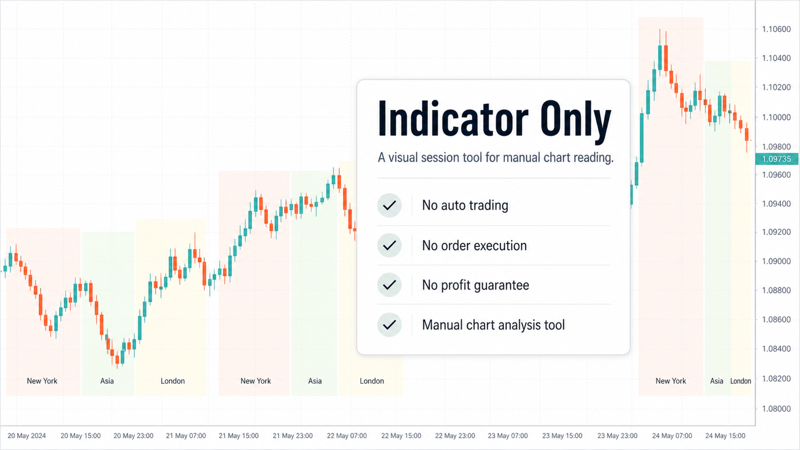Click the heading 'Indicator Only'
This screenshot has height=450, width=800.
point(495,119)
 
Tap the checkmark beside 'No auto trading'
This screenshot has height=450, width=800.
point(389,205)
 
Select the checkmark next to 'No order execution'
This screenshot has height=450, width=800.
point(389,245)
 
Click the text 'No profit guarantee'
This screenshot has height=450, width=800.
point(475,285)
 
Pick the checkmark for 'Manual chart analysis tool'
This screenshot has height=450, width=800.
point(389,325)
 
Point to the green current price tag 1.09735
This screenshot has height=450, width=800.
point(777,159)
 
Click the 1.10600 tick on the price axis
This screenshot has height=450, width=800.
point(777,29)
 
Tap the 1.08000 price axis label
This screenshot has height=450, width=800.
point(777,408)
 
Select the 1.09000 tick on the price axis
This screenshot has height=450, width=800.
point(777,261)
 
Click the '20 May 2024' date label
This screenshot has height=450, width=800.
point(27,436)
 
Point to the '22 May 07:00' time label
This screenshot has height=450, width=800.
point(347,436)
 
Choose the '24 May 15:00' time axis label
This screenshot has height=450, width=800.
point(725,436)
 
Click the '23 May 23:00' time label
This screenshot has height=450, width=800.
point(618,436)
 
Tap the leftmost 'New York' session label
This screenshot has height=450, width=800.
point(42,381)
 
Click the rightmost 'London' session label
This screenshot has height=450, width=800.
point(741,381)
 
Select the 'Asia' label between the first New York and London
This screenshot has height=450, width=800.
point(107,381)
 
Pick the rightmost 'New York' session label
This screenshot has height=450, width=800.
point(671,381)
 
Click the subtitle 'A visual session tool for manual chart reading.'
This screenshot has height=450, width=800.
point(496,157)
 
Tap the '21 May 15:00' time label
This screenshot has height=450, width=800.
point(239,436)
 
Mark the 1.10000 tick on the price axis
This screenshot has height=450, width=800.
point(777,117)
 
